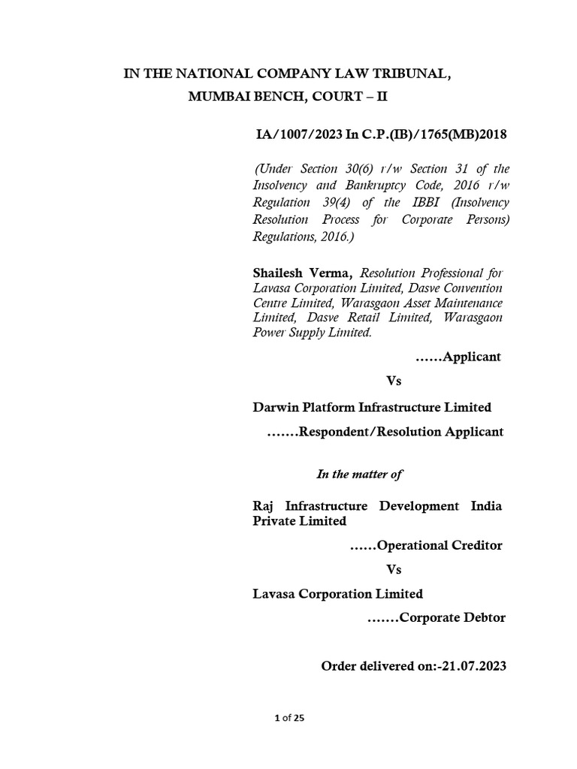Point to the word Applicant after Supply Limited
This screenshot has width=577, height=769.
[x=473, y=357]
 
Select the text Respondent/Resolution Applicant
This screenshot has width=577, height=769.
[x=401, y=432]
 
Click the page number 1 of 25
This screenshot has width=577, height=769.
[x=289, y=719]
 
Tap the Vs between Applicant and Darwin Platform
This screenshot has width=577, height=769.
[x=394, y=381]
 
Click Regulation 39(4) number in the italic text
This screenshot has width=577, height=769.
[x=332, y=203]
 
